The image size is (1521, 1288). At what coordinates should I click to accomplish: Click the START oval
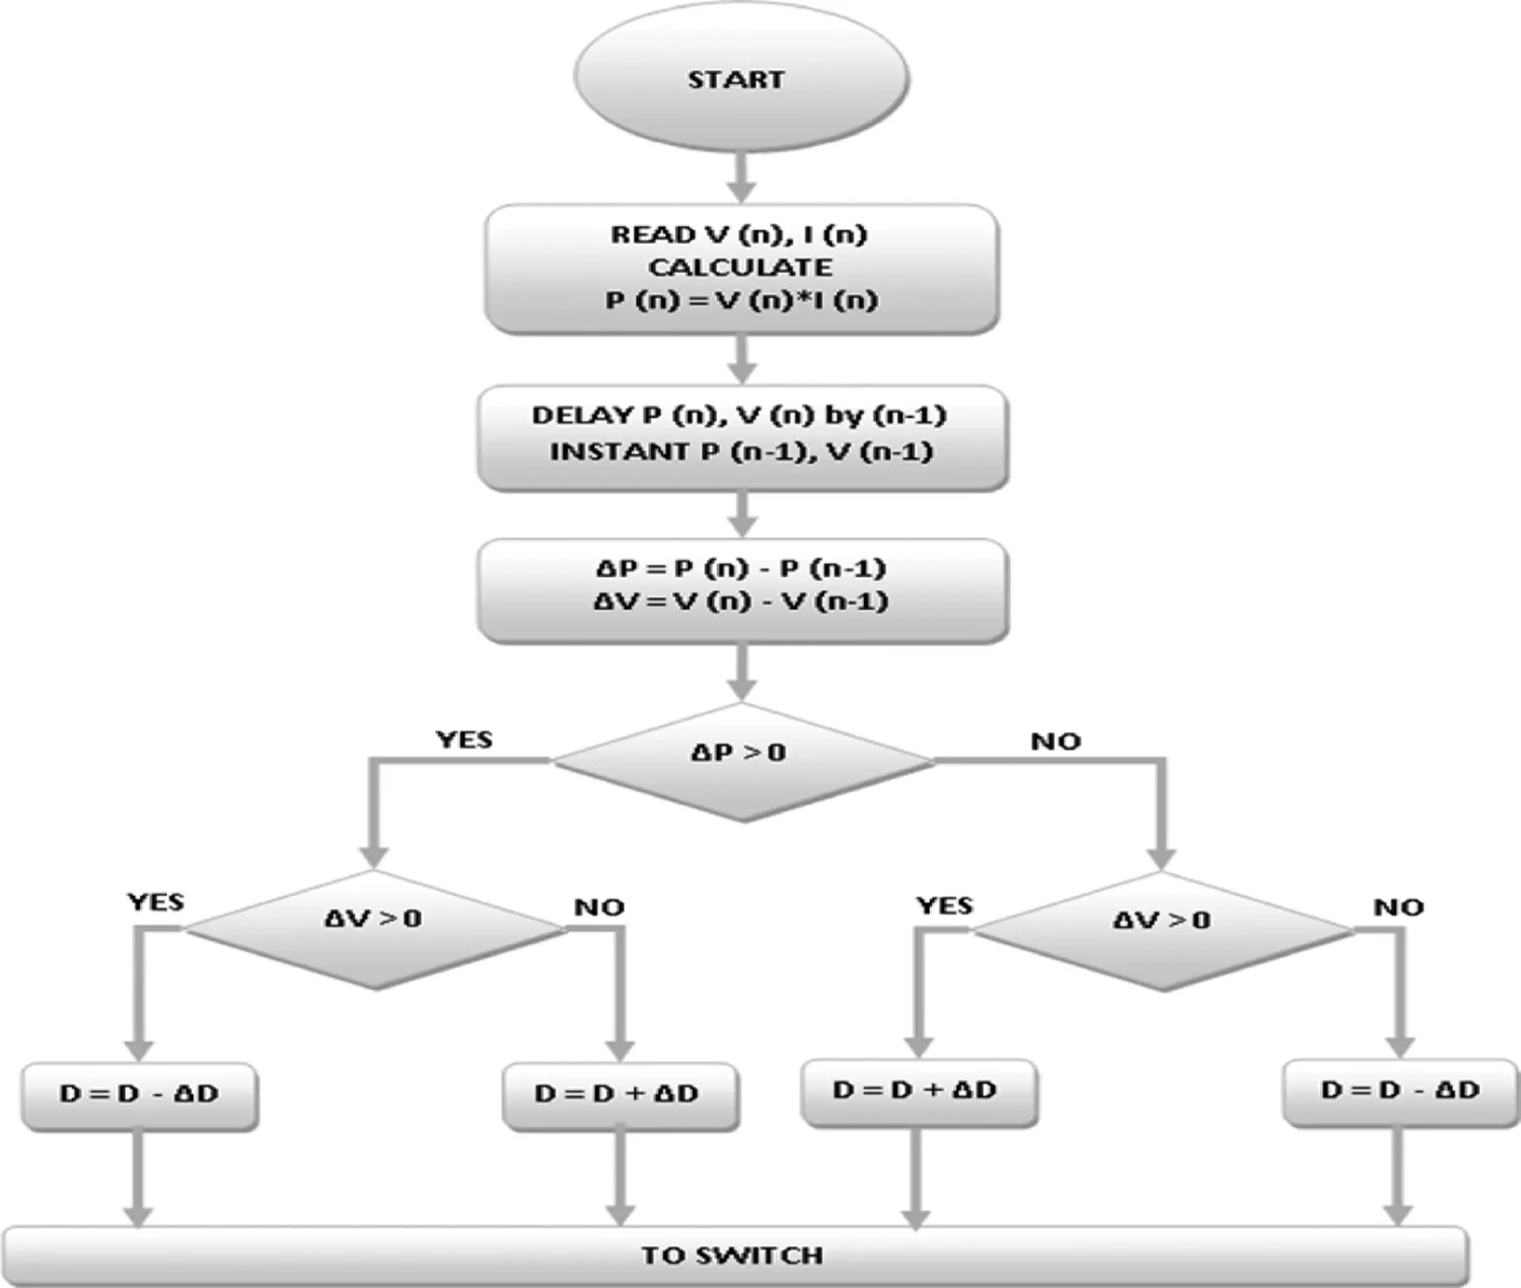point(741,78)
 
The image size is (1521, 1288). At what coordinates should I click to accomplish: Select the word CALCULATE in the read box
point(740,267)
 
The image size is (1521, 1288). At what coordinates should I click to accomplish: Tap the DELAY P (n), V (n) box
point(742,438)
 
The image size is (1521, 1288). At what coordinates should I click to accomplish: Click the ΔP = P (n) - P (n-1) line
point(741,568)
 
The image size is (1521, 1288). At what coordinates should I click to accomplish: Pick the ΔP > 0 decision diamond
point(742,762)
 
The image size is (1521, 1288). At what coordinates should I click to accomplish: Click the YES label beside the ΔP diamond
point(464,740)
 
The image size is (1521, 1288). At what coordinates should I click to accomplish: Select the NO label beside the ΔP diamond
point(1056,741)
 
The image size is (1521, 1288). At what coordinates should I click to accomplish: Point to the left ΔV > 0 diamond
point(375,929)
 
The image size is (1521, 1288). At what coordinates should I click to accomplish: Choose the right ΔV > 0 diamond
point(1162,931)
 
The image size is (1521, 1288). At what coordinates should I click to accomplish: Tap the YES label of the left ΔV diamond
point(156,902)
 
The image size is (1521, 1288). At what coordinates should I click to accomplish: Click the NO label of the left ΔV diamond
point(600,907)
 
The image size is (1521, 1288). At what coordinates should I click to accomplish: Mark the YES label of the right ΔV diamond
point(945,906)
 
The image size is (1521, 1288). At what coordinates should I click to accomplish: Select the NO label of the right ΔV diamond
point(1398,907)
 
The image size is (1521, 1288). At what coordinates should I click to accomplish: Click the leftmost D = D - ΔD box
point(139,1096)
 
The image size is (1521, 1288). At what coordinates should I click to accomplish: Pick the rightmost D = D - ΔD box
point(1401,1092)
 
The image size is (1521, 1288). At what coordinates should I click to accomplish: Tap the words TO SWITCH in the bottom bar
point(733,1255)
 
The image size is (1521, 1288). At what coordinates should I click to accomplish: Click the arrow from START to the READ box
point(741,178)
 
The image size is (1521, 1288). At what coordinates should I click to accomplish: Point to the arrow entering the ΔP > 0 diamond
point(741,673)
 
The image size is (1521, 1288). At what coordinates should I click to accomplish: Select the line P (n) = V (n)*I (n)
point(741,301)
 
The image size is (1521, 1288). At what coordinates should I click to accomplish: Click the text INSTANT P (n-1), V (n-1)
point(741,452)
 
